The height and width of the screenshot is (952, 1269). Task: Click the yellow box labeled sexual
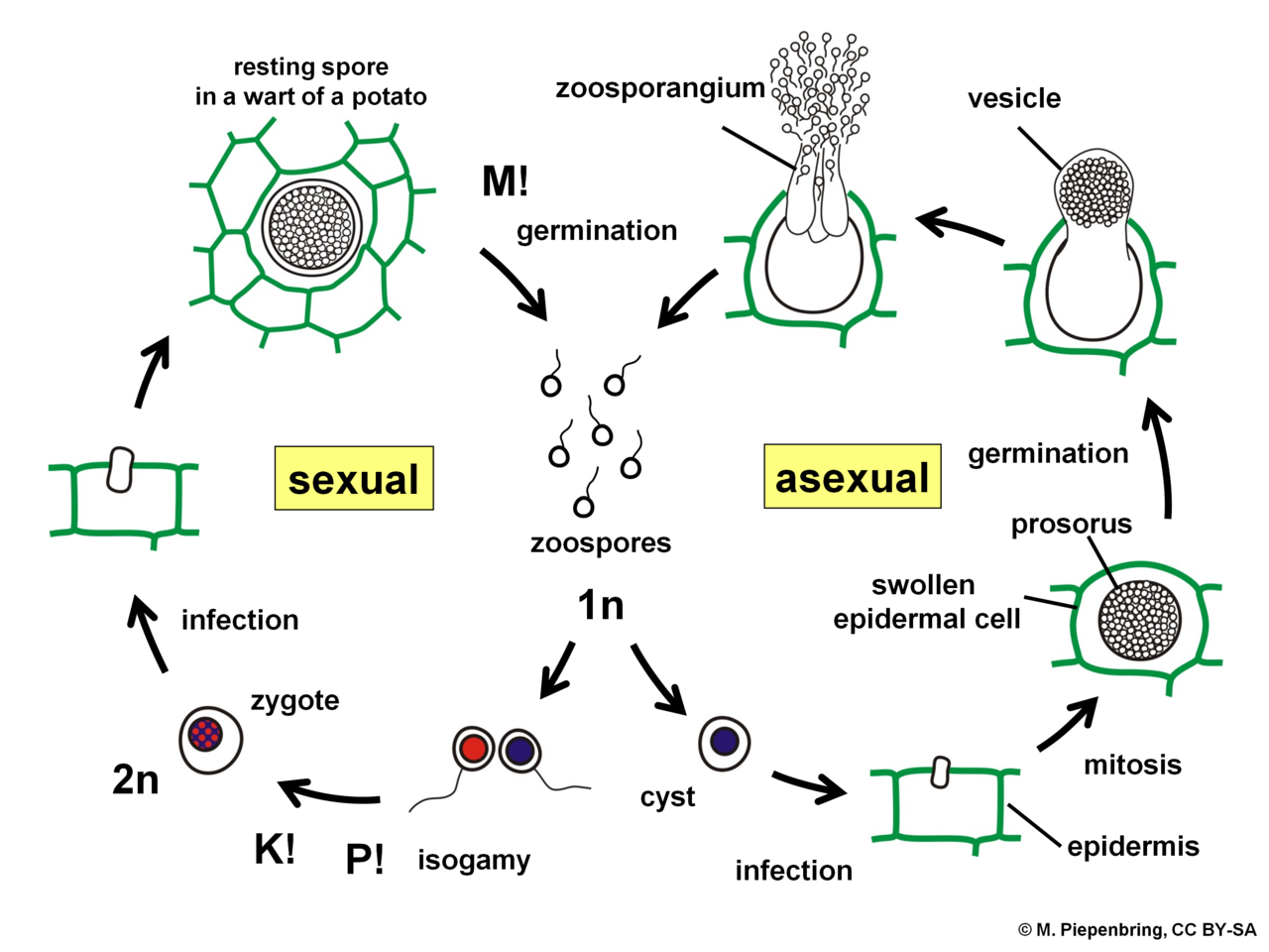[x=354, y=478]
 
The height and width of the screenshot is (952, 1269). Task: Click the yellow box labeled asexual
[x=853, y=476]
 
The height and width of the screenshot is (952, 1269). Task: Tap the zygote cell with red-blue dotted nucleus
[x=210, y=740]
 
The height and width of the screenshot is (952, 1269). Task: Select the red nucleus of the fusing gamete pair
[x=474, y=749]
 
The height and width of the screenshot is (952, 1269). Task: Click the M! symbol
[x=505, y=180]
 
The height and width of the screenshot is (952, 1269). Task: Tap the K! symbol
[x=275, y=849]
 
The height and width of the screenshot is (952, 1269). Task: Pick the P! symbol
[x=364, y=859]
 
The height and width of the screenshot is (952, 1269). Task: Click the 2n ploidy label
[x=135, y=779]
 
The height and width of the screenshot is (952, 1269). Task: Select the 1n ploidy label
[x=601, y=606]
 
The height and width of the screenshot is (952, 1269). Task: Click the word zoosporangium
[x=660, y=88]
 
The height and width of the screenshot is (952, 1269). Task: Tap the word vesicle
[x=1014, y=98]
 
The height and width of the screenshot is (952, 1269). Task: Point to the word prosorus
[x=1072, y=525]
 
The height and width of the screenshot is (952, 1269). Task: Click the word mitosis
[x=1132, y=765]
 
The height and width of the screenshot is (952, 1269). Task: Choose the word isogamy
[x=474, y=860]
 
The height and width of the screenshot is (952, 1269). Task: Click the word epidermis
[x=1133, y=847]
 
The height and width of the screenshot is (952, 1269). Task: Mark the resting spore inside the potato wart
[x=312, y=227]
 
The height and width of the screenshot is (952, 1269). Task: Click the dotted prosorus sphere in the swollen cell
[x=1139, y=620]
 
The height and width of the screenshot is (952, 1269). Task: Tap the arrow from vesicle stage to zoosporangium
[x=959, y=227]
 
